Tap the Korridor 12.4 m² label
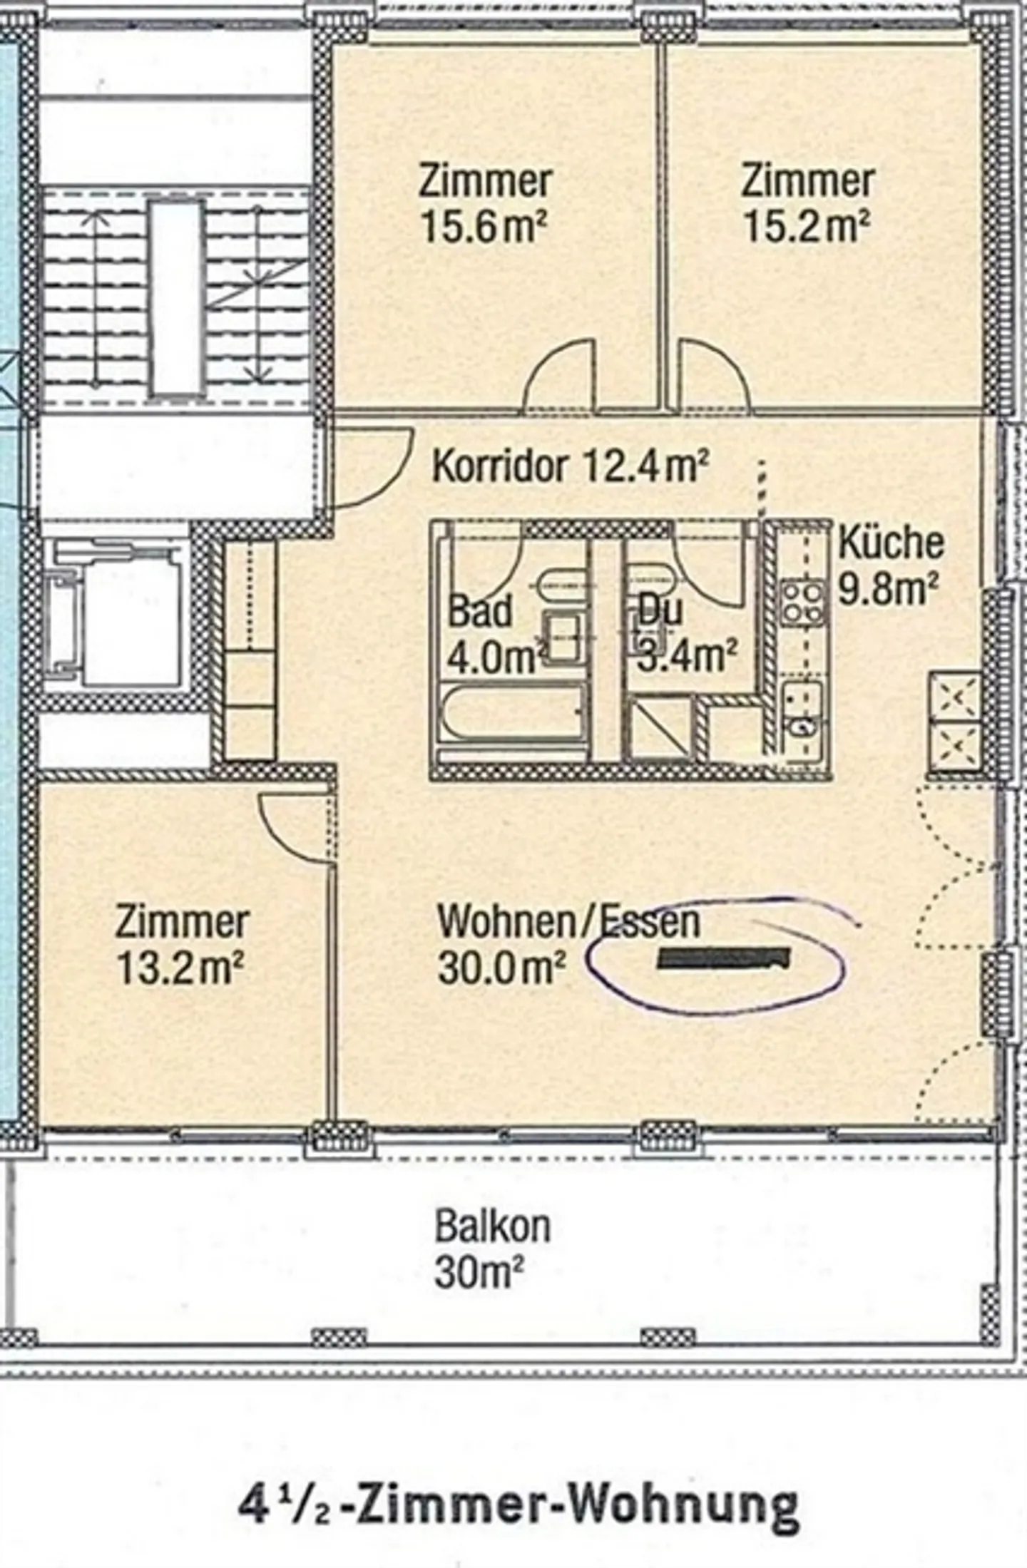tap(571, 467)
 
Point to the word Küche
tap(891, 543)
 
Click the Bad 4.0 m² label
tap(492, 635)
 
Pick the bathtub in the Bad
tap(511, 714)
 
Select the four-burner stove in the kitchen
tap(802, 603)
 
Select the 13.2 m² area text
tap(180, 969)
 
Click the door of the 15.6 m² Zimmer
tap(560, 378)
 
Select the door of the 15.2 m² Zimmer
tap(713, 378)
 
